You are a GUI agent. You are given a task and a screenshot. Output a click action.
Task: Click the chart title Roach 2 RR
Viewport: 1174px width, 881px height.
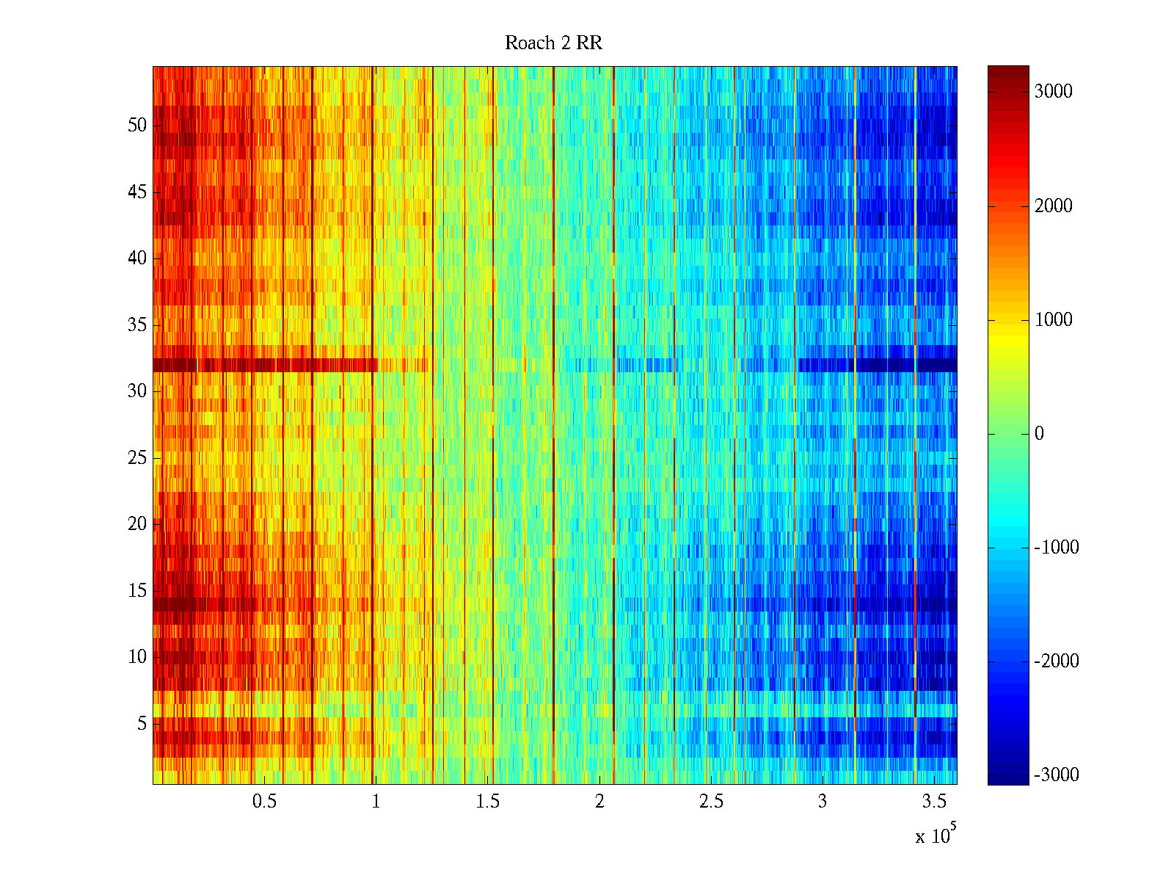pos(553,43)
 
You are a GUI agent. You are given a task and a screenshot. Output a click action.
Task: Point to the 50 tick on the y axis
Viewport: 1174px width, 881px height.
pos(137,126)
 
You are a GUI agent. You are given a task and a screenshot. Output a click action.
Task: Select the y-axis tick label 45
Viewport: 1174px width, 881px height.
pos(137,192)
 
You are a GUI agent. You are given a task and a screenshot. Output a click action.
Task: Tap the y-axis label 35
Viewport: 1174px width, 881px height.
pos(137,325)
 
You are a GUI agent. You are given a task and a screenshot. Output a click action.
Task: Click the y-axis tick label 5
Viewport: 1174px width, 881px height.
pos(142,724)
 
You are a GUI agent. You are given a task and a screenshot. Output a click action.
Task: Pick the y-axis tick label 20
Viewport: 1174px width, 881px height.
pos(137,524)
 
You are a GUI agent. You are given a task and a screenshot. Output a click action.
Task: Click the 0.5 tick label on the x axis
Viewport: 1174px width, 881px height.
pos(264,802)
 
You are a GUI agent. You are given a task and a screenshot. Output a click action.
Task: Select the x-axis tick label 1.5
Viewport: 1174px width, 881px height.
pos(487,802)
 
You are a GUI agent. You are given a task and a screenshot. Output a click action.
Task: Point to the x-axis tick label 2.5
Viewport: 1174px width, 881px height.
pos(711,802)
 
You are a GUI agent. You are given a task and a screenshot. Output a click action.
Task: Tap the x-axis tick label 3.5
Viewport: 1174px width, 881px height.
pos(934,802)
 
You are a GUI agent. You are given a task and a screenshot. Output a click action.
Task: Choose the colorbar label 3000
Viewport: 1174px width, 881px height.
pos(1054,92)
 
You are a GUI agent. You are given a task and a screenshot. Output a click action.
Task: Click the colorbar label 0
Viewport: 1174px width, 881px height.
pos(1039,434)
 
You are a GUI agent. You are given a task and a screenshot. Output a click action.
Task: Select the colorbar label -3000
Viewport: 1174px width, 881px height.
pos(1057,775)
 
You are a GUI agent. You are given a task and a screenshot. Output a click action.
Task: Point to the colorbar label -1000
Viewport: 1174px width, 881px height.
pos(1057,548)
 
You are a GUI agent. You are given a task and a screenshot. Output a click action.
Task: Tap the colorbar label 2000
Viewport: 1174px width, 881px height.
pos(1054,206)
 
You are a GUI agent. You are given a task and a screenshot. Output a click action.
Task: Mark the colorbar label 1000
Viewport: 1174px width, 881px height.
pos(1054,320)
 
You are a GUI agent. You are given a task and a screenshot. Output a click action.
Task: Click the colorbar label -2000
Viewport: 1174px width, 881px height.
pos(1057,661)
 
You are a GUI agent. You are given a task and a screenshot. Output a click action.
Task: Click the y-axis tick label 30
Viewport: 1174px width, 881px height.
pos(137,391)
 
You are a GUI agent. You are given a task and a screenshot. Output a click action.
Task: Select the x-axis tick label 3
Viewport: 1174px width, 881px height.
pos(823,802)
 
